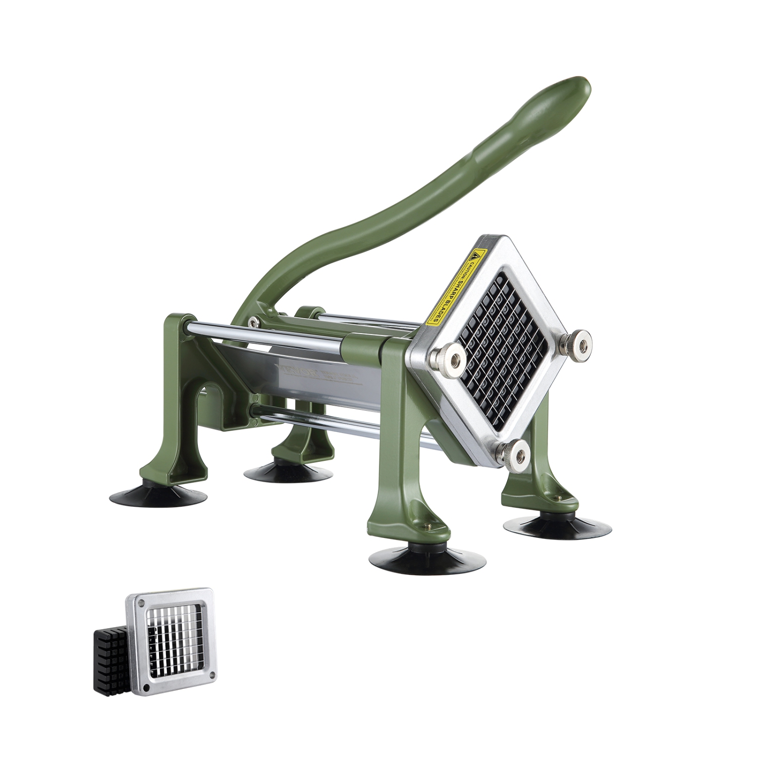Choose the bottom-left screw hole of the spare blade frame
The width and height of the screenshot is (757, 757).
(147, 687)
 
